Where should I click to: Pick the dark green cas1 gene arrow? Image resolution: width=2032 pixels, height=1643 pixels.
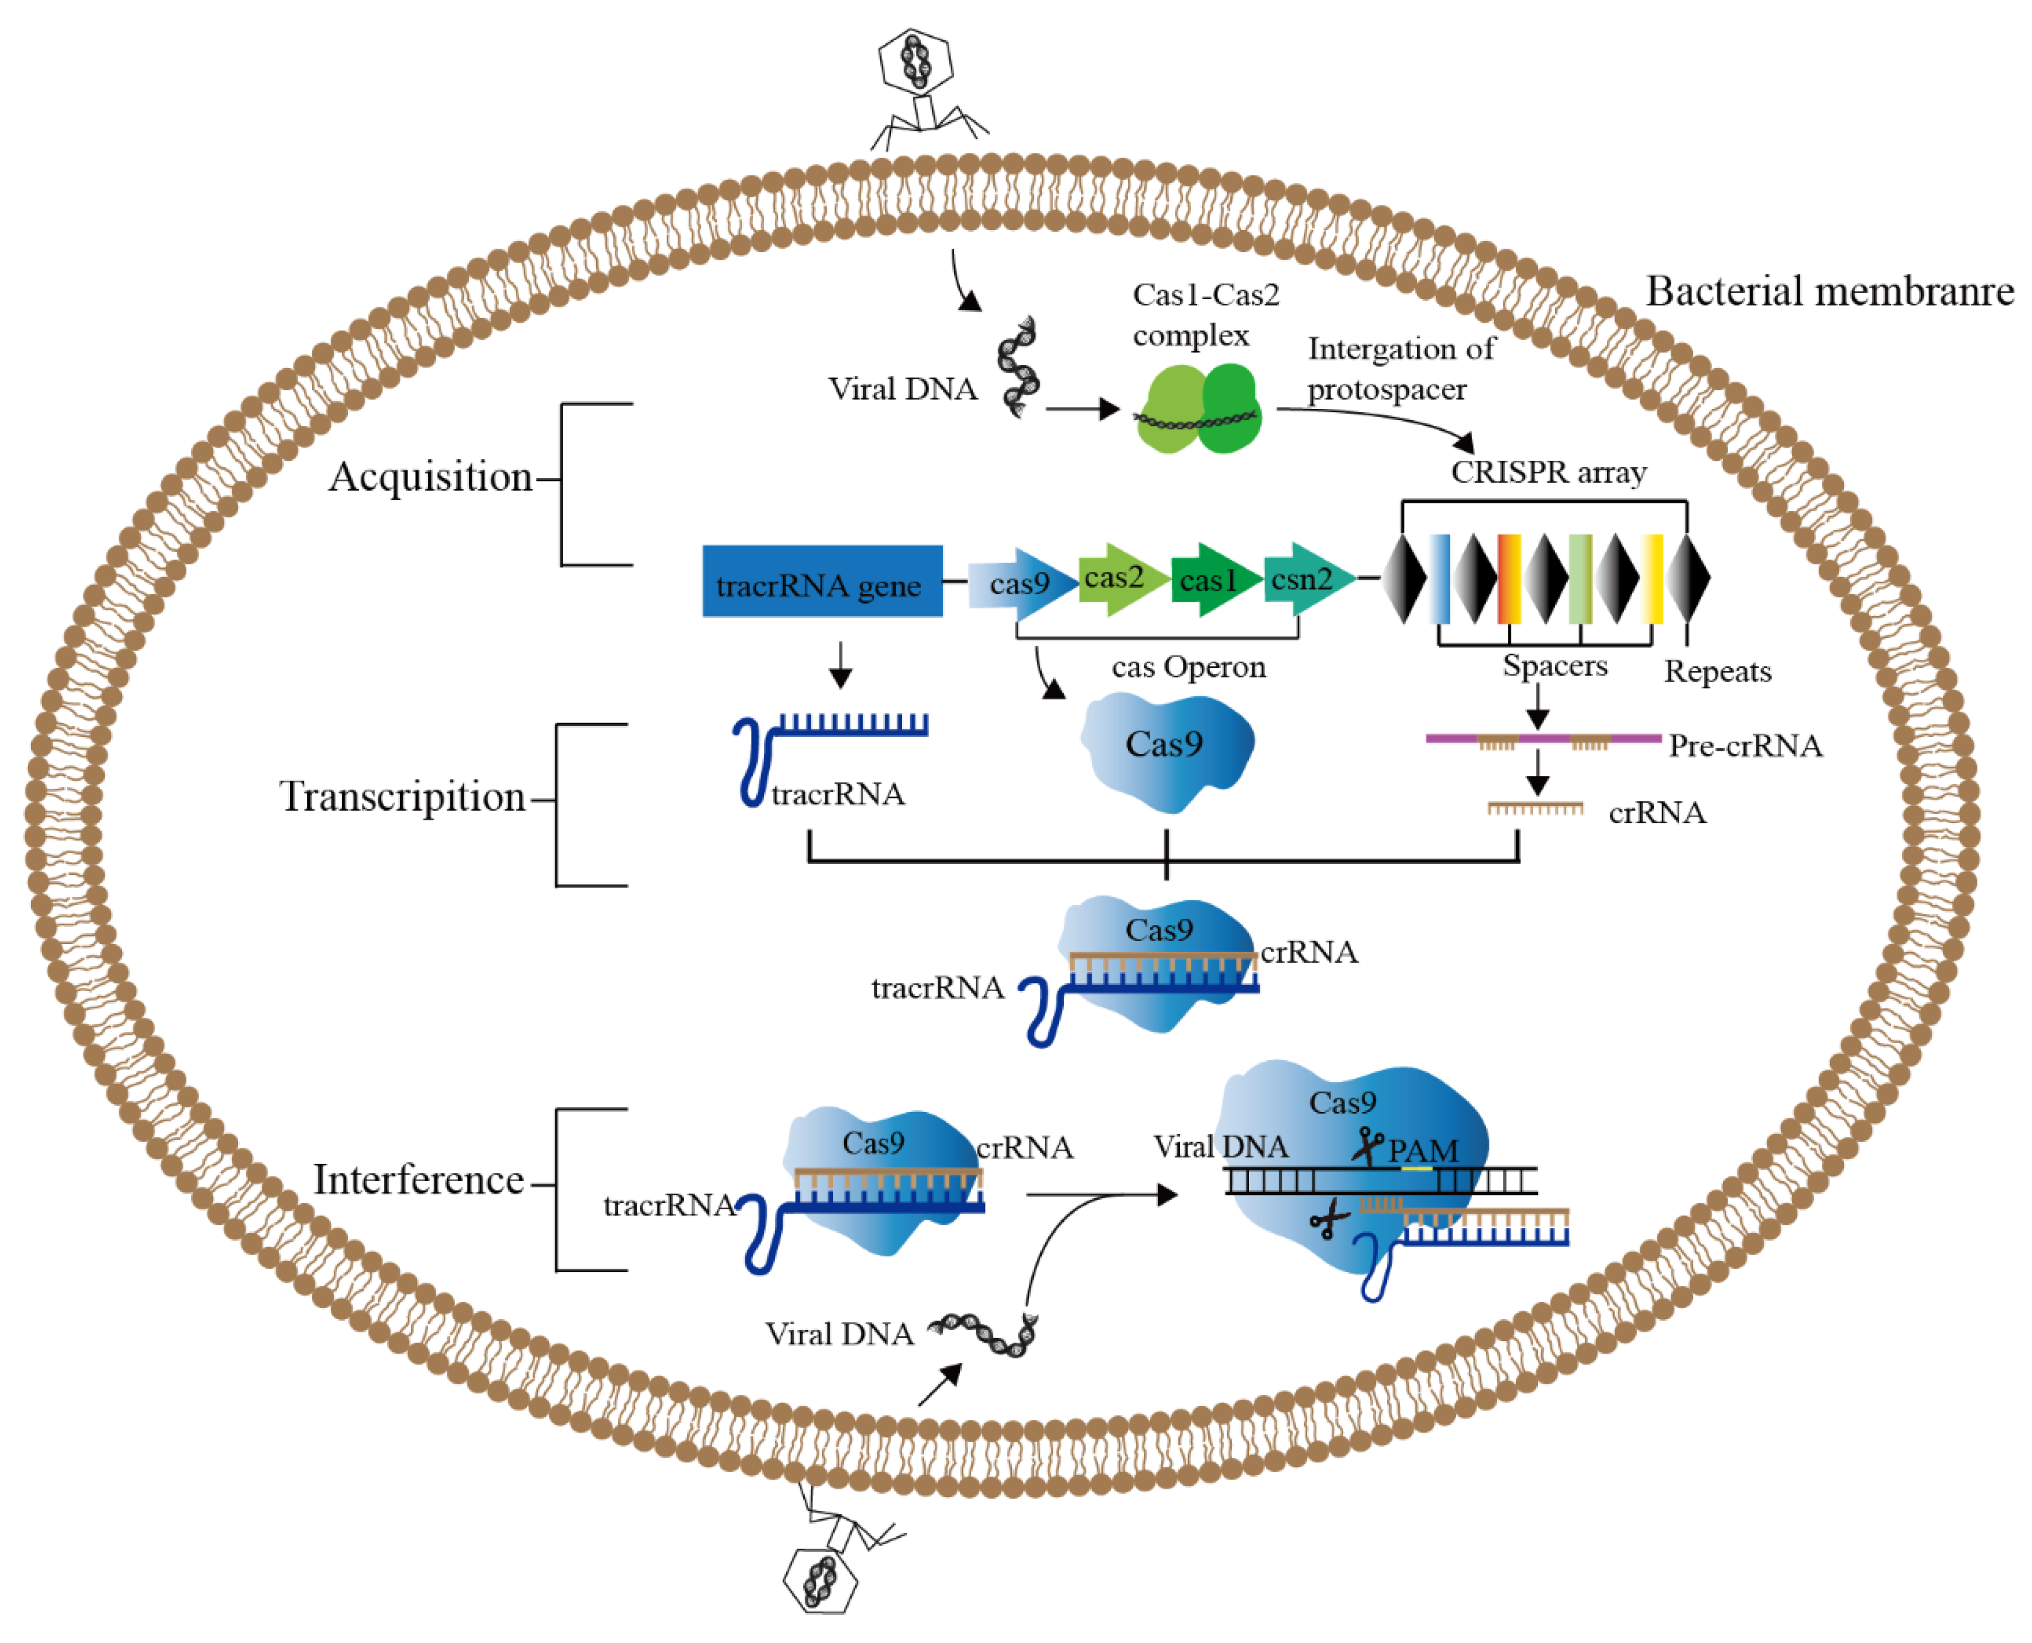[x=1215, y=580]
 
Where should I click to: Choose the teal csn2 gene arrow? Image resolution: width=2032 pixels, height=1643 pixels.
[x=1309, y=579]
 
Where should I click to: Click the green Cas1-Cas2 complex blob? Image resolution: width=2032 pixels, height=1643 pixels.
[x=1197, y=410]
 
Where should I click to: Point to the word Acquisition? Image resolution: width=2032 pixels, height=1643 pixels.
[x=431, y=477]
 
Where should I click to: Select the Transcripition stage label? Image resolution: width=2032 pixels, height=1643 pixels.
[x=402, y=797]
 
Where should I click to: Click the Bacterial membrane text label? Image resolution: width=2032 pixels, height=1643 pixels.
[x=1829, y=292]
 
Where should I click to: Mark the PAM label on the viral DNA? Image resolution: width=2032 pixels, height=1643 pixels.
[x=1423, y=1151]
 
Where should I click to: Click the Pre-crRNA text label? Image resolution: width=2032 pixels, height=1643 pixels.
[x=1744, y=746]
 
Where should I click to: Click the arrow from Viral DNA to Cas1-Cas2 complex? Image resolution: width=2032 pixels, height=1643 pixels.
[x=1083, y=410]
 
